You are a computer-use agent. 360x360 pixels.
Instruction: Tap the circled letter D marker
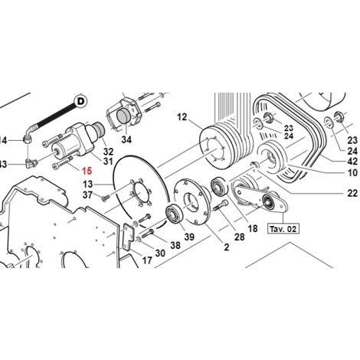(80, 100)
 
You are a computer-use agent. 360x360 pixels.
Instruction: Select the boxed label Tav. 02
(280, 228)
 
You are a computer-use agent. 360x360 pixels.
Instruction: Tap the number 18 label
(253, 228)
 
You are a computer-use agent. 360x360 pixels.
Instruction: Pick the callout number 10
(352, 174)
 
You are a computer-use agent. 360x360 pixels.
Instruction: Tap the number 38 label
(175, 247)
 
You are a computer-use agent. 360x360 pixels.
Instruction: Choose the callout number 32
(108, 152)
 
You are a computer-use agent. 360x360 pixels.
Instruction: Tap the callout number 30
(159, 254)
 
